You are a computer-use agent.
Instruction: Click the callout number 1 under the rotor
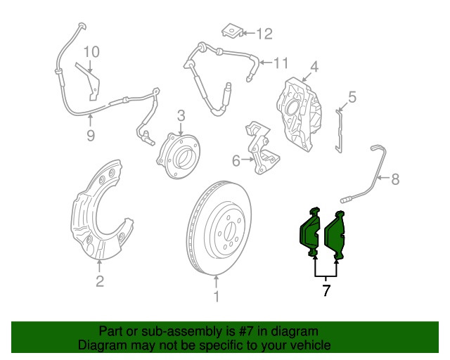[217, 297]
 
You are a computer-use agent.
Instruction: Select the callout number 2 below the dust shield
[100, 282]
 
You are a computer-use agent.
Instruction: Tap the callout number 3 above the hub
[181, 115]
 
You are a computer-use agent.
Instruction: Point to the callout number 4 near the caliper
[314, 67]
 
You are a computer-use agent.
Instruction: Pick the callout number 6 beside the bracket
[236, 161]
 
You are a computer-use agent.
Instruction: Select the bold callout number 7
[326, 290]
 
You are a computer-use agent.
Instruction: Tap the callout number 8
[394, 179]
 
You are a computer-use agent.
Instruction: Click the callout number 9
[91, 136]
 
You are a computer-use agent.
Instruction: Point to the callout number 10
[92, 51]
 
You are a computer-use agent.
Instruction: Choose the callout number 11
[280, 63]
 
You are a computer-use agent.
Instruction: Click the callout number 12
[264, 33]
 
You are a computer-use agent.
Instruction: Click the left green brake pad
[309, 231]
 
